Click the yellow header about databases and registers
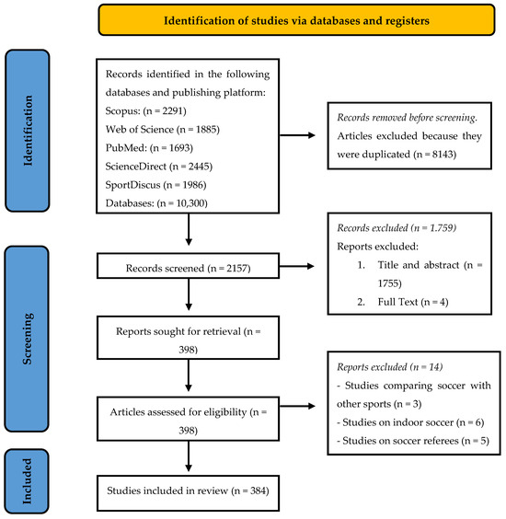(296, 20)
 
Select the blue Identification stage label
(28, 131)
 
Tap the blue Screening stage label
(27, 339)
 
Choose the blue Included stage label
(27, 481)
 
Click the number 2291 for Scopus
(172, 110)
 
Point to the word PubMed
(126, 147)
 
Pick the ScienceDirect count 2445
(199, 167)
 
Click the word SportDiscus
(132, 185)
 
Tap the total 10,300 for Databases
(190, 202)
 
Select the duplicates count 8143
(443, 155)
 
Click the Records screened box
(188, 266)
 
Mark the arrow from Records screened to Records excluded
(296, 266)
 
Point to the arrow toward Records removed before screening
(297, 135)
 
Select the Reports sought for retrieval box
(188, 338)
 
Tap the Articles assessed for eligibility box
(188, 419)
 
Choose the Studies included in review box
(188, 493)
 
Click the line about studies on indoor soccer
(410, 422)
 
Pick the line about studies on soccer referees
(413, 441)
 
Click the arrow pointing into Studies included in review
(189, 456)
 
